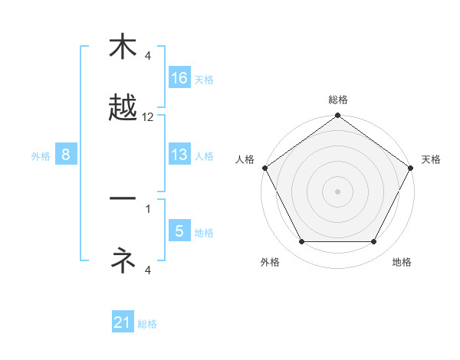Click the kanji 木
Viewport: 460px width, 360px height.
(x=123, y=47)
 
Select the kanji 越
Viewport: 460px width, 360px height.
(x=123, y=108)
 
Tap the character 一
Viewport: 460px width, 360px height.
(x=123, y=199)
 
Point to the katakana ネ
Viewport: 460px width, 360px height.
(x=123, y=260)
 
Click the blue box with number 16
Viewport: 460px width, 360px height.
(x=179, y=78)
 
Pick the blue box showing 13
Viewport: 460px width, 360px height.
(x=179, y=155)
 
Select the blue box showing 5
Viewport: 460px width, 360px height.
(x=179, y=231)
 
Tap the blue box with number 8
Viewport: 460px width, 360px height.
(x=66, y=155)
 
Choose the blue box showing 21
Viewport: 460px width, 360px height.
(x=123, y=322)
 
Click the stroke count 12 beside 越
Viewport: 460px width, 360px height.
(x=148, y=117)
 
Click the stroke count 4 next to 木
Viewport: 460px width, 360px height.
(x=148, y=55)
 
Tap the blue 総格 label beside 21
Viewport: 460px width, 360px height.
(x=147, y=324)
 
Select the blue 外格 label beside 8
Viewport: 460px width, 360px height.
(x=41, y=155)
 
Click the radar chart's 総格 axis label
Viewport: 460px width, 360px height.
(x=337, y=100)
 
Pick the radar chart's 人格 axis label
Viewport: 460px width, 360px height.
(x=245, y=159)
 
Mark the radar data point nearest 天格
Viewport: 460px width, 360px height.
(x=412, y=168)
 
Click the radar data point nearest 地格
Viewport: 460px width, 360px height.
(x=374, y=241)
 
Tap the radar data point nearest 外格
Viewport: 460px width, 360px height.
(x=301, y=241)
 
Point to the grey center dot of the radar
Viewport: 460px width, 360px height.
(x=337, y=191)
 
